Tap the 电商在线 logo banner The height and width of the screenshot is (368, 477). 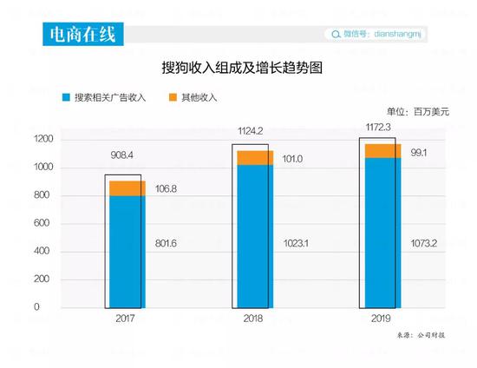click(83, 34)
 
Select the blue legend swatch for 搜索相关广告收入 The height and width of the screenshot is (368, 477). click(66, 98)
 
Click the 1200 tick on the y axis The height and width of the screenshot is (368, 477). click(44, 140)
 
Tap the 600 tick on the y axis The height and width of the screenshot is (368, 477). click(44, 224)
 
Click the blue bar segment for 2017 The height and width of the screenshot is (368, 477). click(127, 252)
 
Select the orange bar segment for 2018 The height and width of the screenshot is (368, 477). click(254, 157)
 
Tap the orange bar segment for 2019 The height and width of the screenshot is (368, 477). click(382, 150)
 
